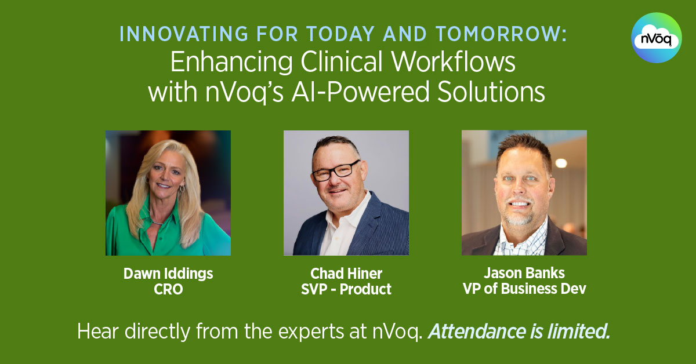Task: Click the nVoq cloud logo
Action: pyautogui.click(x=656, y=38)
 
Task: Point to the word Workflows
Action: pyautogui.click(x=454, y=62)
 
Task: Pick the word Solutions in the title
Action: pyautogui.click(x=491, y=92)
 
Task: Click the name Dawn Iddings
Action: pyautogui.click(x=168, y=274)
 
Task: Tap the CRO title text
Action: pyautogui.click(x=168, y=289)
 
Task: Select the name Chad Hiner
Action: pyautogui.click(x=346, y=274)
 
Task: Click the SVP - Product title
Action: pyautogui.click(x=346, y=289)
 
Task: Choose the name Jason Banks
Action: pyautogui.click(x=524, y=273)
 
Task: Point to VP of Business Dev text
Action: pyautogui.click(x=524, y=289)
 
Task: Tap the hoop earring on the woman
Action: pyautogui.click(x=182, y=188)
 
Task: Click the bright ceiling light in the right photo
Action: pyautogui.click(x=561, y=163)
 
